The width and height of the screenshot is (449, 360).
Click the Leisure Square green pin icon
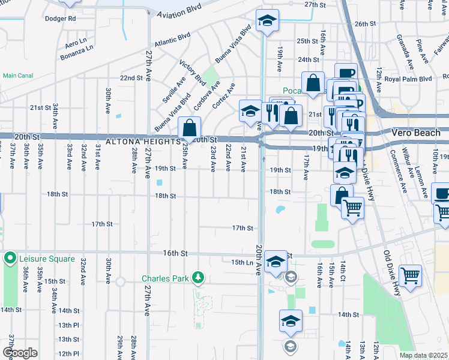[x=10, y=259]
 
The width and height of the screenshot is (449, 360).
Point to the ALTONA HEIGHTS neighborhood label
[x=142, y=142]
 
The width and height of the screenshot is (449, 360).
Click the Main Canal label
[x=17, y=76]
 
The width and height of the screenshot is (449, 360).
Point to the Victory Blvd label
[x=192, y=71]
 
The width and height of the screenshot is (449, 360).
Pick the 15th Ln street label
[x=243, y=262]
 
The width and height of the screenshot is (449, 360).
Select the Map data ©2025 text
[x=423, y=355]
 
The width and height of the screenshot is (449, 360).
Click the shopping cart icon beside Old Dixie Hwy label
[x=411, y=275]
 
